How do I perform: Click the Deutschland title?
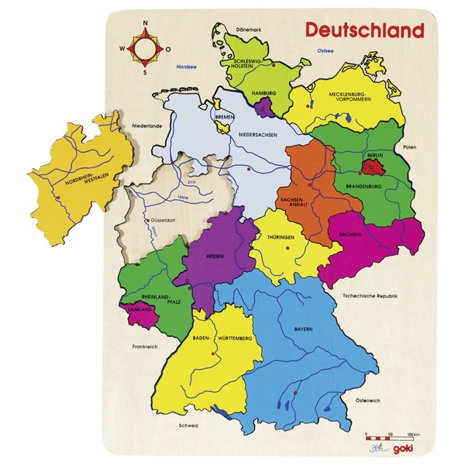[x=363, y=30]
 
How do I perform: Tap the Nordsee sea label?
[x=186, y=66]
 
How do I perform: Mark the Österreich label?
[x=368, y=401]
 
